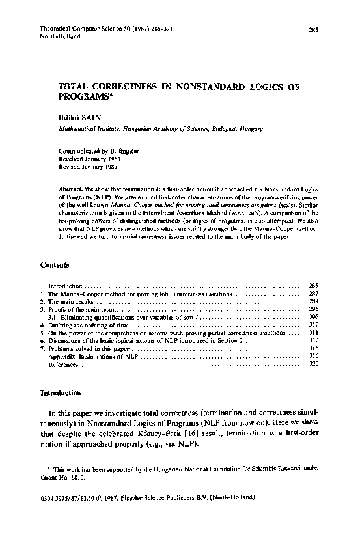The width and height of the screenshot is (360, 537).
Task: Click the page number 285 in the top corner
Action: [312, 30]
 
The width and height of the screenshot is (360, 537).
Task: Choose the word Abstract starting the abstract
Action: [71, 187]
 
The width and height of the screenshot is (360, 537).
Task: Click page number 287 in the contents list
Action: [312, 294]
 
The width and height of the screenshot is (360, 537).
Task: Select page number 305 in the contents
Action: [312, 316]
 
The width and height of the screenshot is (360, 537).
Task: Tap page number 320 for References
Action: [312, 365]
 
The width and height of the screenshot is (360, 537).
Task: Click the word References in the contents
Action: [64, 365]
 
